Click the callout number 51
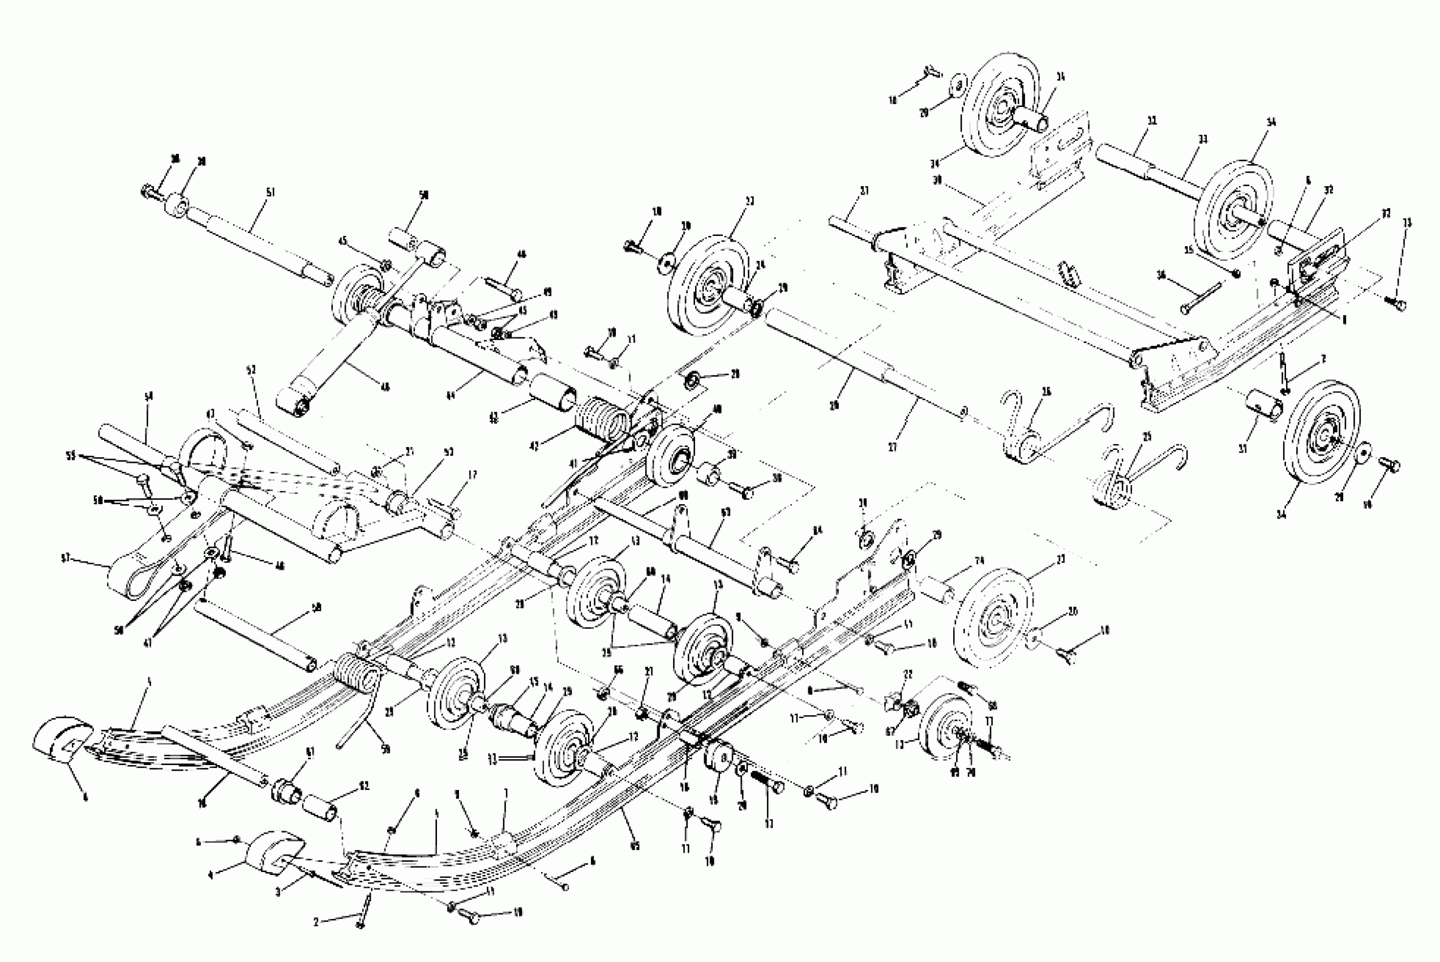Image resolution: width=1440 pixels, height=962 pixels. coord(271,192)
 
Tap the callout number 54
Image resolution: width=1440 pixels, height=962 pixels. coord(148,397)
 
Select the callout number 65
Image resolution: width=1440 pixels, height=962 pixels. coord(635,847)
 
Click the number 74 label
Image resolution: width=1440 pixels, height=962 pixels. coord(979,560)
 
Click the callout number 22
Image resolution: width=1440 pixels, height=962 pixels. coord(908,675)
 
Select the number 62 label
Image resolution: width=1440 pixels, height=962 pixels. coord(365,787)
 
